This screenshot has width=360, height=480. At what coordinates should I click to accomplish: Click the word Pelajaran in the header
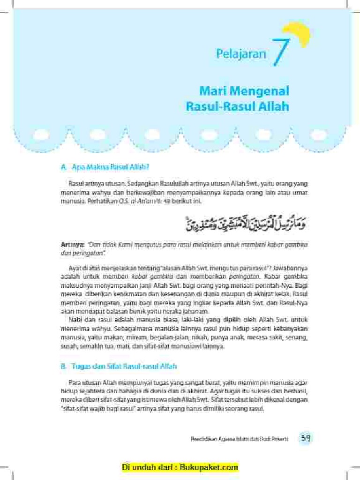(x=241, y=54)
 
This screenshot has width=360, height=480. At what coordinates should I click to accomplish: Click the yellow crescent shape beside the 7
(x=300, y=34)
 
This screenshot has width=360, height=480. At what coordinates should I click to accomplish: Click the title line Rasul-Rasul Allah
(x=237, y=106)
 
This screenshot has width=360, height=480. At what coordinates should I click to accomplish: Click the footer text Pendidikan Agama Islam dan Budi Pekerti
(x=239, y=439)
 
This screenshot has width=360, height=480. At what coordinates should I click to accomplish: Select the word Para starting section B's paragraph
(x=75, y=382)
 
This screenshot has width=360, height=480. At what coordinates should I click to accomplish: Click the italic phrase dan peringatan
(x=81, y=253)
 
